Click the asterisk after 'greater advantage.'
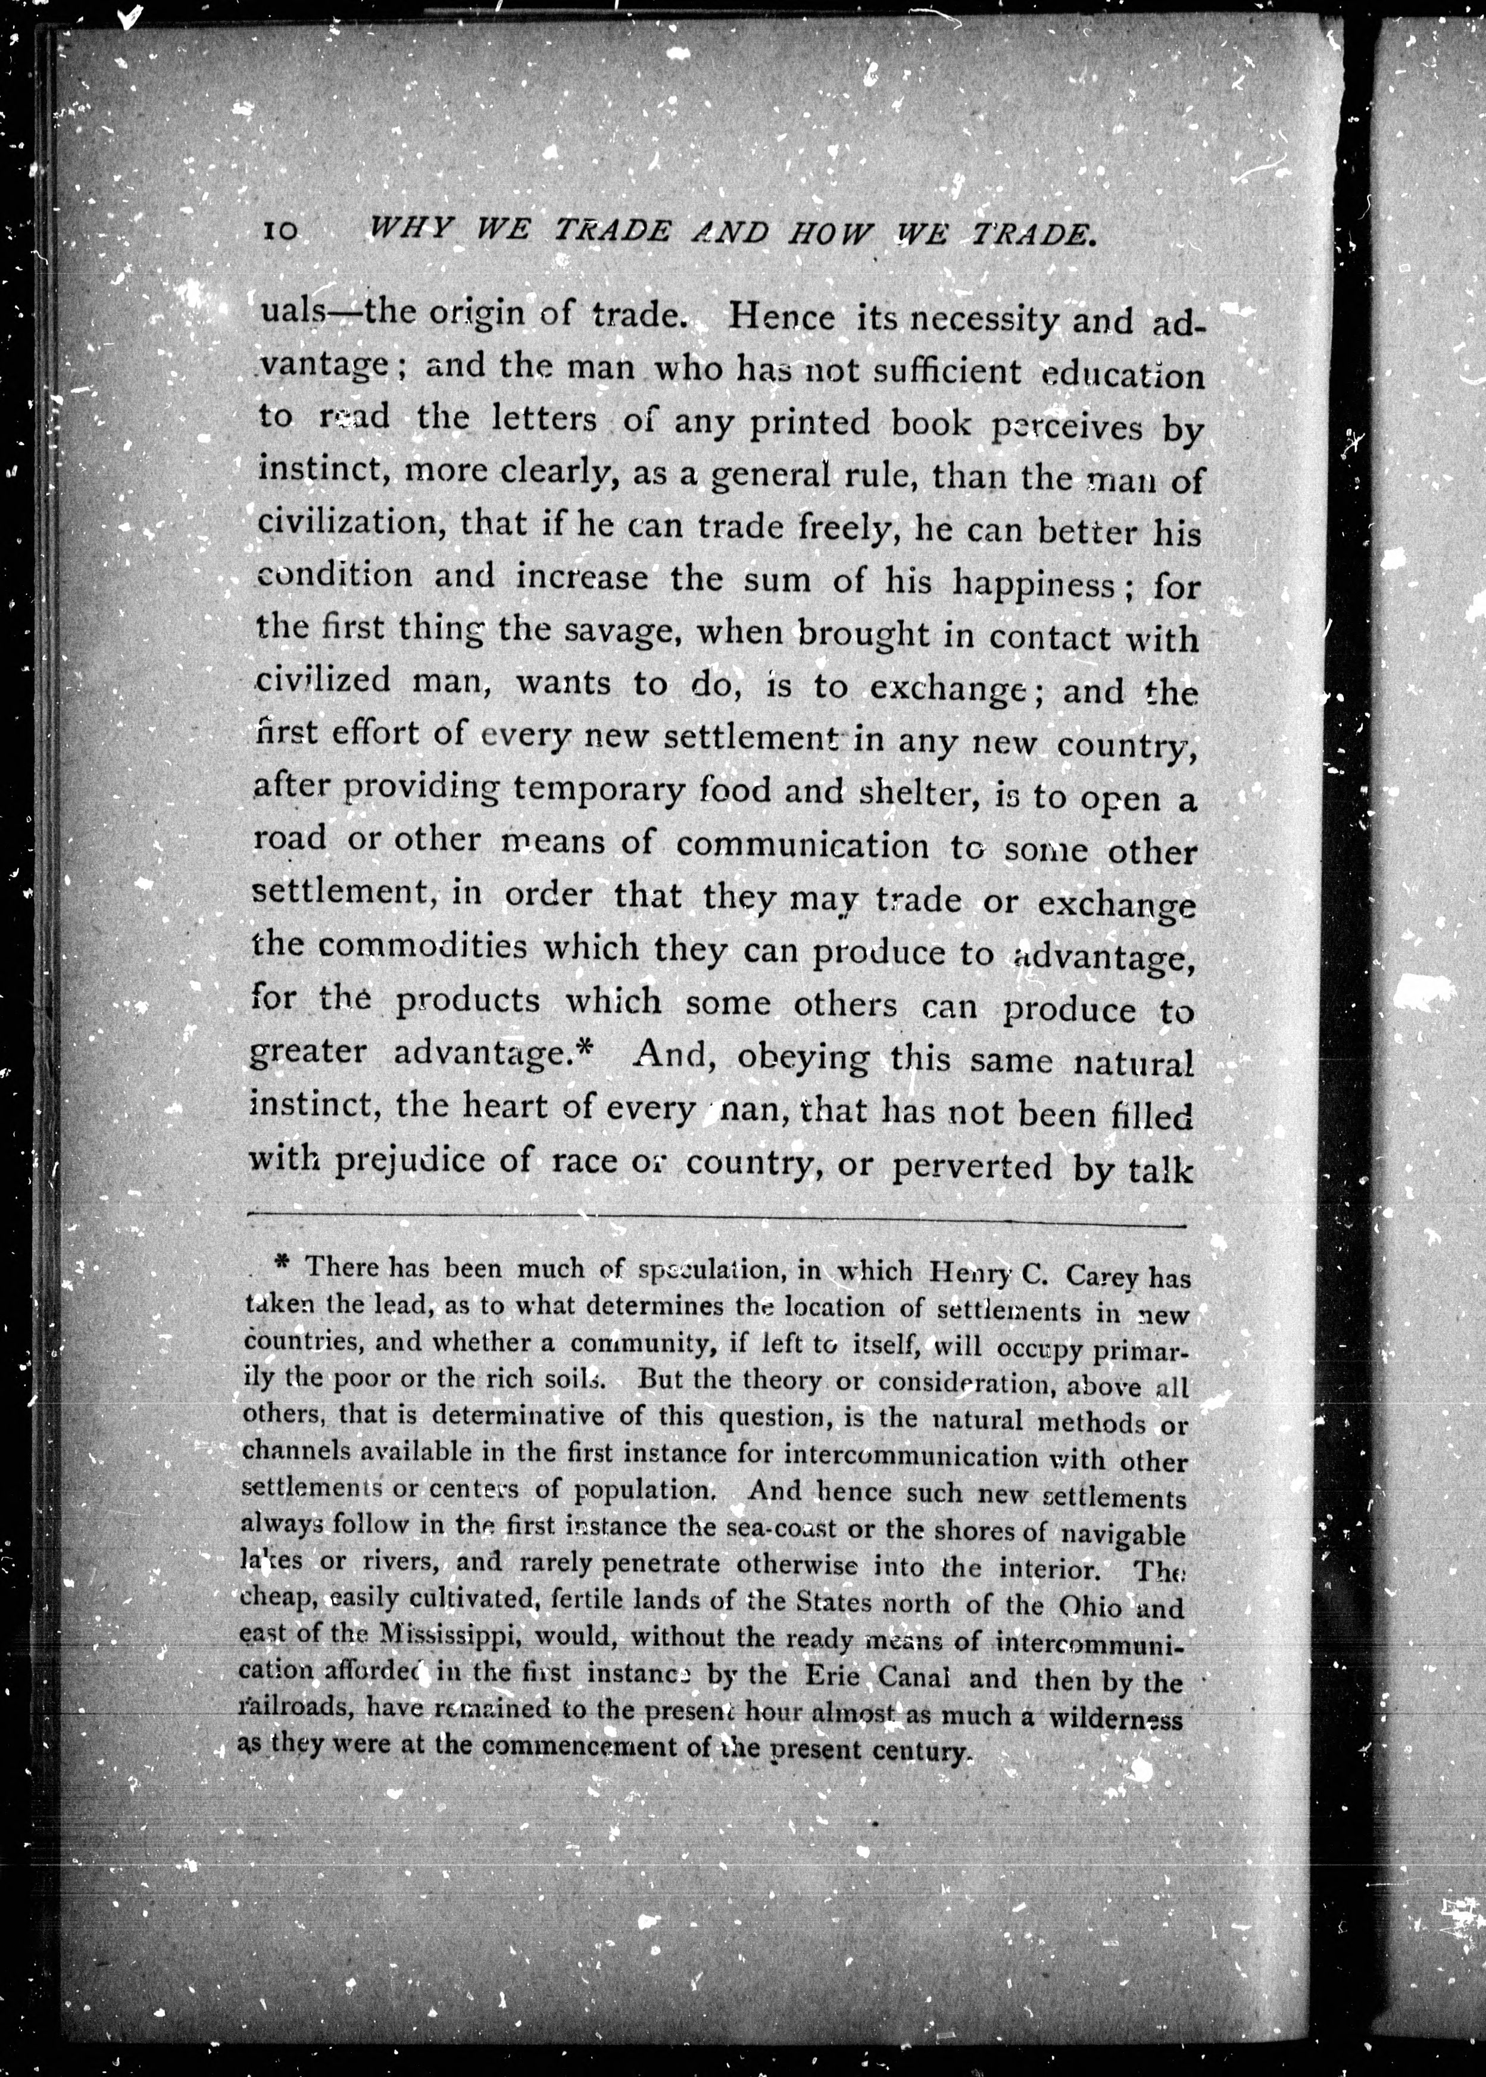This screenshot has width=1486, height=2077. [x=586, y=1050]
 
